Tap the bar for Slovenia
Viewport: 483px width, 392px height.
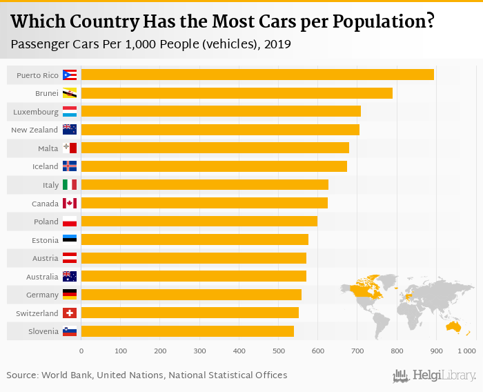(x=187, y=331)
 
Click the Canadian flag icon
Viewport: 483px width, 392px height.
(x=70, y=203)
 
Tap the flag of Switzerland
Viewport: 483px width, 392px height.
(x=70, y=313)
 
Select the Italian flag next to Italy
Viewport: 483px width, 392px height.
(x=70, y=185)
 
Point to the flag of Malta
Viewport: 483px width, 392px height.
(x=70, y=148)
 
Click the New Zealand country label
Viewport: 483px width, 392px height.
(x=34, y=130)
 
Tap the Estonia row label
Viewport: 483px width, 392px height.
(x=45, y=239)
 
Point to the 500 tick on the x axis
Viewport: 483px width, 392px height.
(x=278, y=351)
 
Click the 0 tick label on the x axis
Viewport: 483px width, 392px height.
(x=81, y=351)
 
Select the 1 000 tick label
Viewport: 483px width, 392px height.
(x=466, y=351)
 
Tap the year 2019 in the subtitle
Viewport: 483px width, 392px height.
(x=277, y=44)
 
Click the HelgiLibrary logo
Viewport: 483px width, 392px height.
(x=435, y=375)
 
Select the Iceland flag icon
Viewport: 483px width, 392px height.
(x=70, y=166)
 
